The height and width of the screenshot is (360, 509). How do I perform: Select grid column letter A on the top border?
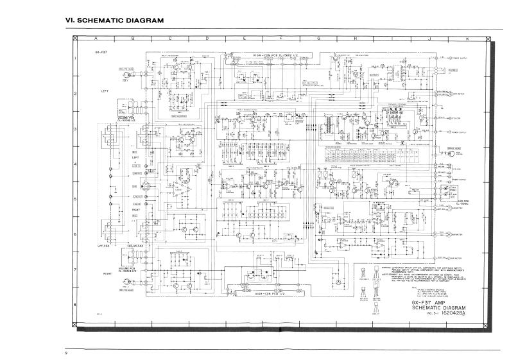(x=95, y=39)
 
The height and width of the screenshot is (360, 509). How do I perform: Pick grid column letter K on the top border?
(x=467, y=39)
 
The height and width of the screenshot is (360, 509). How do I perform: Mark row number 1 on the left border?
(x=76, y=62)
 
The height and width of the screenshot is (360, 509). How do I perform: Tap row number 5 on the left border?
(x=76, y=200)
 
